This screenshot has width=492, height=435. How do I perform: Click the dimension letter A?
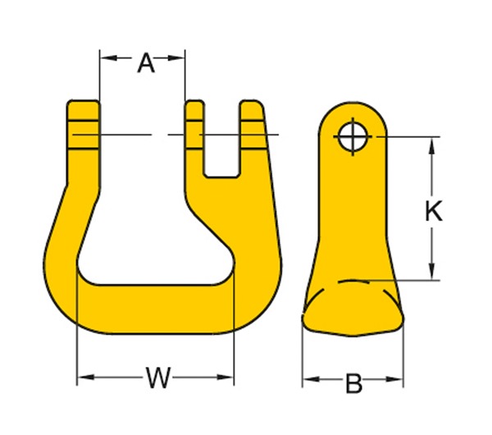pos(145,62)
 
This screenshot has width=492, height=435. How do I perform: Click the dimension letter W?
pos(157,378)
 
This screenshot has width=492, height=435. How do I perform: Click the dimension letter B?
pos(353,382)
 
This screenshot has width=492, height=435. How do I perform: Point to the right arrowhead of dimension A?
pos(180,57)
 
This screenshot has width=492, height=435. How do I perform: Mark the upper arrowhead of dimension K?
pos(433,144)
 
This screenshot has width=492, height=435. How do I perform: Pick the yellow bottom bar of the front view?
pos(156,308)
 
